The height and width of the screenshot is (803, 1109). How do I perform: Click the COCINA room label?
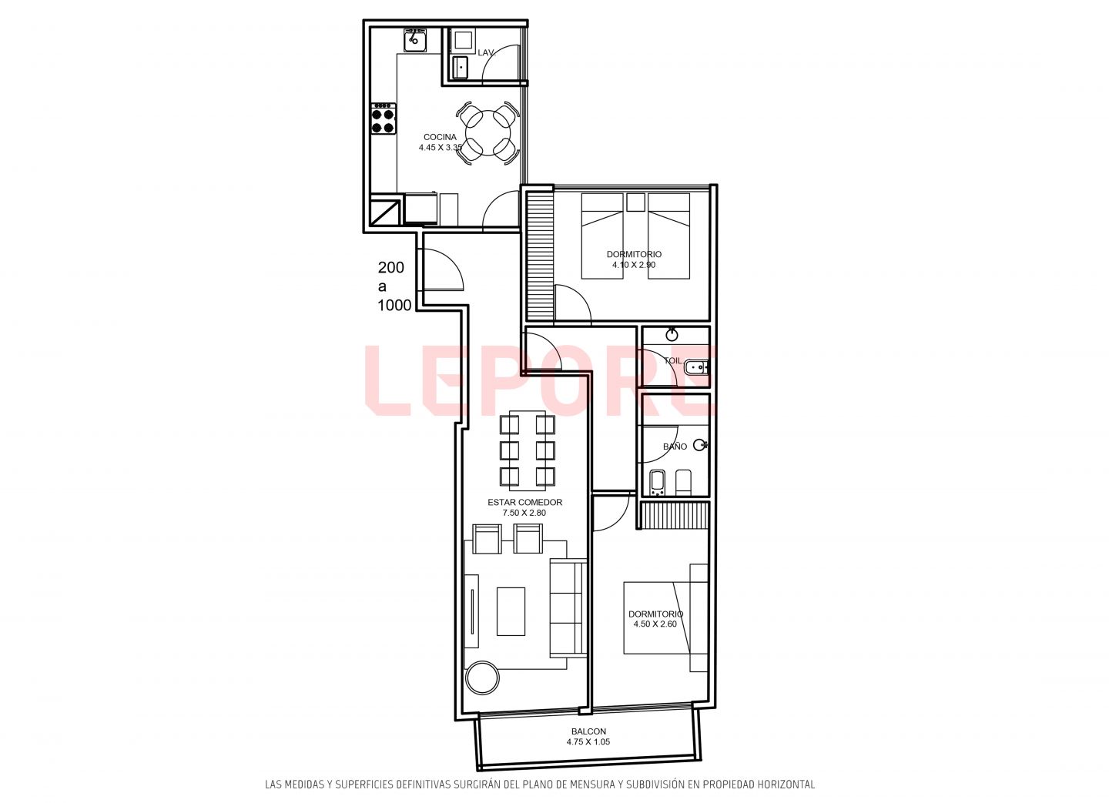pos(440,137)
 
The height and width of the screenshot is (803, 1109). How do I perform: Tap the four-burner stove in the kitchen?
pos(384,119)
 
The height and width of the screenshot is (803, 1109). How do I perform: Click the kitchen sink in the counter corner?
pos(415,39)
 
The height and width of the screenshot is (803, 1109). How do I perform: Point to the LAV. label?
pos(486,52)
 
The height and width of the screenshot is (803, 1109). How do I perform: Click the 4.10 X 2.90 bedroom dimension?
pos(634,265)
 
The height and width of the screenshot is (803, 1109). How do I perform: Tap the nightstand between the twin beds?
pos(635,202)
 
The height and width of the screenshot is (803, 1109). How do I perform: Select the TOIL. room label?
pos(673,361)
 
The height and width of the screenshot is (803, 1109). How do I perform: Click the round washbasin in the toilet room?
pos(672,335)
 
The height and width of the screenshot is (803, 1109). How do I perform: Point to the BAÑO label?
pos(675,447)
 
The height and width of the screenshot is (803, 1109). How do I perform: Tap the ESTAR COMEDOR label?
pos(524,502)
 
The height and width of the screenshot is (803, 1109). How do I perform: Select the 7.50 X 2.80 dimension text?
pos(524,513)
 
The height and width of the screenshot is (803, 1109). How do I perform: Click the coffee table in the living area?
pos(511,611)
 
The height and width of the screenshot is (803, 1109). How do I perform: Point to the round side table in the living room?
pos(483,678)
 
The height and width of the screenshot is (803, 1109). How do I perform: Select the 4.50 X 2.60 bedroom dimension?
pos(655,624)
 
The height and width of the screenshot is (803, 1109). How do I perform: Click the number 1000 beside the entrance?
pos(394,306)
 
